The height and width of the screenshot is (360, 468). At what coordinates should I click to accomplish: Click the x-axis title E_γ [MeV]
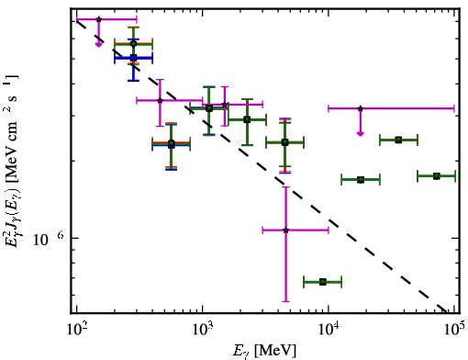point(264,351)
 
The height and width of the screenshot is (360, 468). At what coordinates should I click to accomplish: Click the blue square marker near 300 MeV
point(133,57)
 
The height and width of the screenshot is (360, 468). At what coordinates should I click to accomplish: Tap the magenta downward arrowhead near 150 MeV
point(98,45)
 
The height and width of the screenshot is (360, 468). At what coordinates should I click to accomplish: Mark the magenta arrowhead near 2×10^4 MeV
point(361,134)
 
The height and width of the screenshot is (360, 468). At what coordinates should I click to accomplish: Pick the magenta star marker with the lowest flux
point(285,230)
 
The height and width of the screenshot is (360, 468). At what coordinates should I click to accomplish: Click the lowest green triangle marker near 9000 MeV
point(323,282)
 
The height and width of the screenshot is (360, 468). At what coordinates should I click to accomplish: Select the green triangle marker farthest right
point(437,176)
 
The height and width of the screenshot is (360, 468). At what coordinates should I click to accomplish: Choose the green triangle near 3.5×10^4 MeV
point(398,140)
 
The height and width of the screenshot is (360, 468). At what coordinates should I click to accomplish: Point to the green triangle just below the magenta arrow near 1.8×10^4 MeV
point(361,180)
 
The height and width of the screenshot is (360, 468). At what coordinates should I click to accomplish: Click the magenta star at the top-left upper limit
point(98,19)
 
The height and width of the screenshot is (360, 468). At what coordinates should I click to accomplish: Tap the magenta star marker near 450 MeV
point(160,100)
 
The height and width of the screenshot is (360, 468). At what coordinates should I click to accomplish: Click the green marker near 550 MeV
point(172,143)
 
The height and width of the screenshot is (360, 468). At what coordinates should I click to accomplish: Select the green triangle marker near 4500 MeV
point(284,142)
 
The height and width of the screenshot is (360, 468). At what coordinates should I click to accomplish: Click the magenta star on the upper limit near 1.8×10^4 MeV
point(361,108)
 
